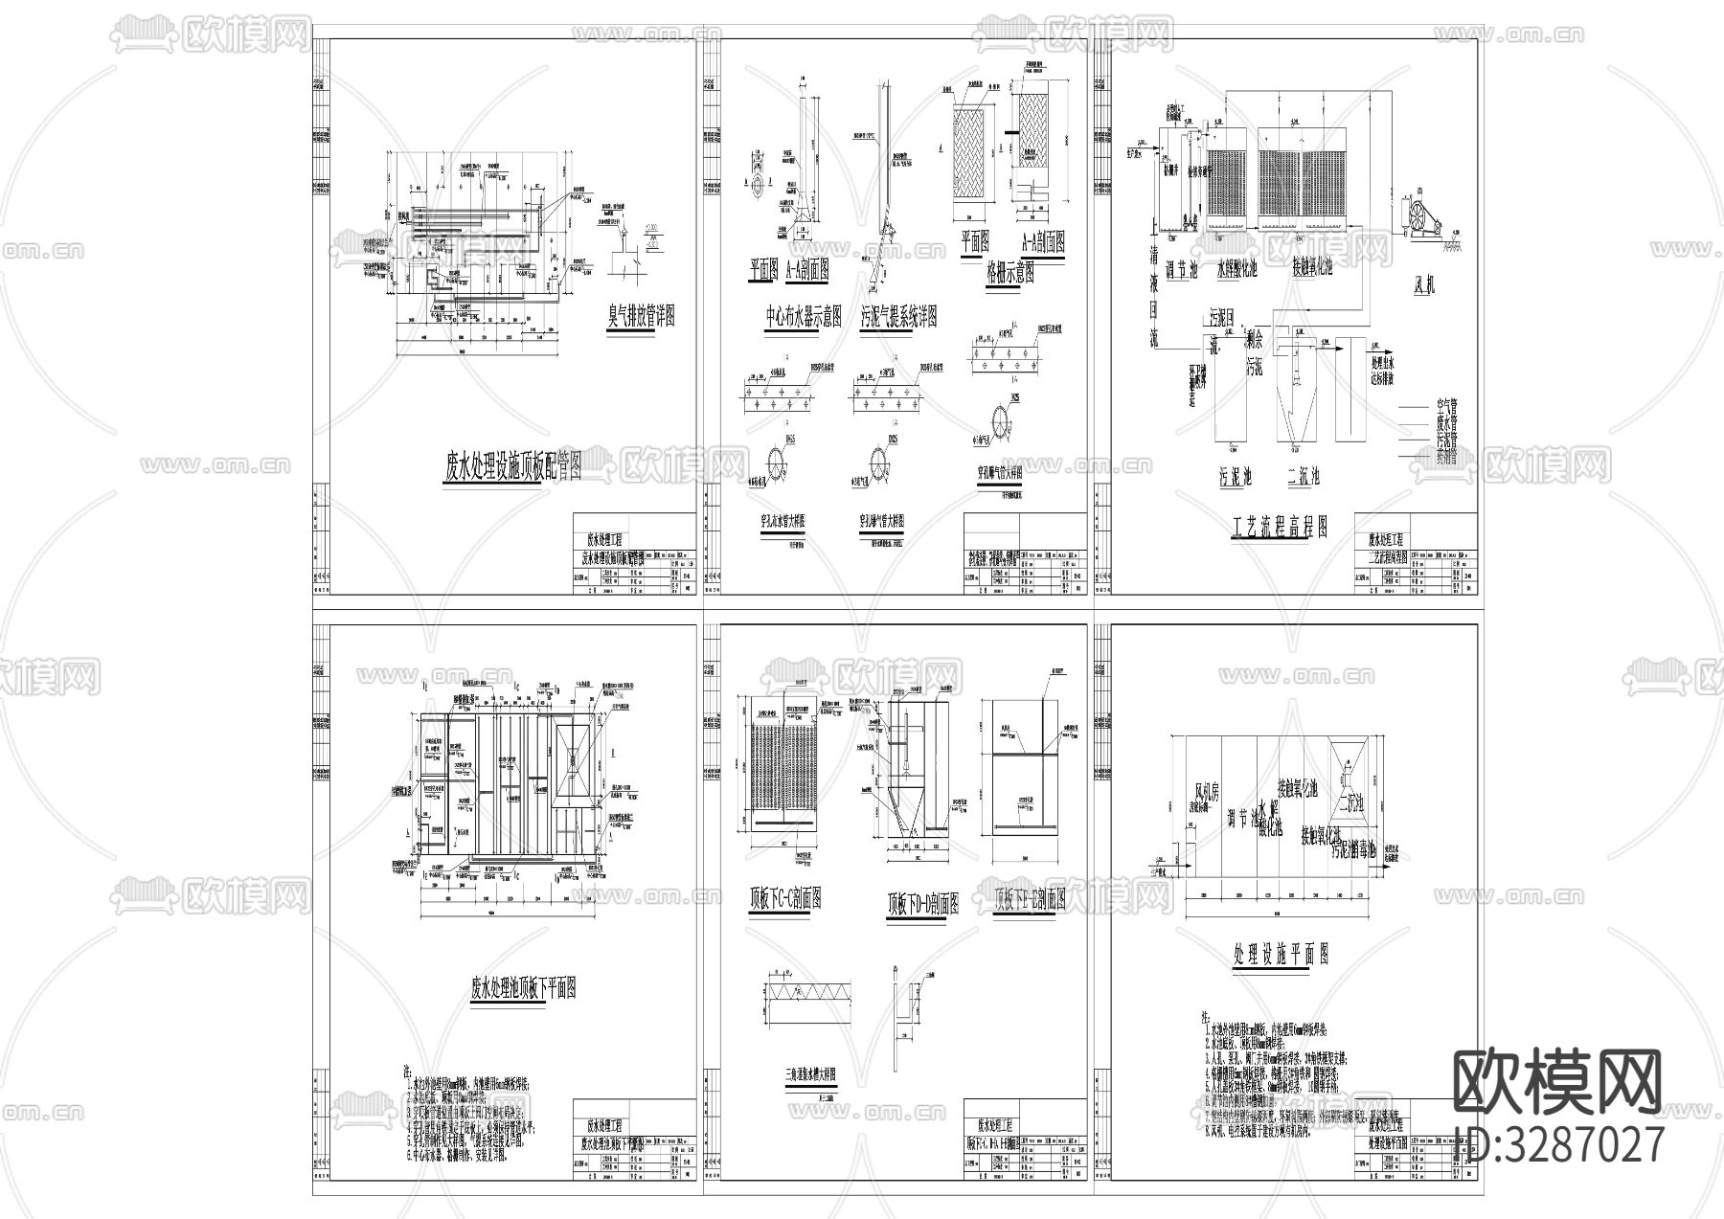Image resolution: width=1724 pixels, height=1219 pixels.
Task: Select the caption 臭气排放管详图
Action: click(642, 315)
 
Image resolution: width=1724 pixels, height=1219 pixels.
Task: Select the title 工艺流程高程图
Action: click(1280, 526)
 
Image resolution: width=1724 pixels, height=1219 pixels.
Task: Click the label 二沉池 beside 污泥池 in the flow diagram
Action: click(1303, 476)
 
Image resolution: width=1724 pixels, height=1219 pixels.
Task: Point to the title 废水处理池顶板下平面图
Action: click(523, 989)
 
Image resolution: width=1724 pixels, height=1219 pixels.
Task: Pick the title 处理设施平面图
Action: click(1281, 953)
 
